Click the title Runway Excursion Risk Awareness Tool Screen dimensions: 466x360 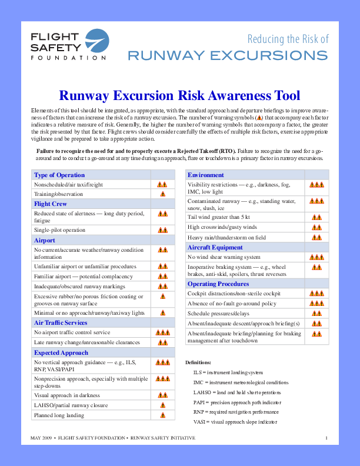[180, 95]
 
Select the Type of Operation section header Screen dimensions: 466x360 [59, 175]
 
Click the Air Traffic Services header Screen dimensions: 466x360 [61, 323]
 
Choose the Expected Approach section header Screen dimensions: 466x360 [61, 352]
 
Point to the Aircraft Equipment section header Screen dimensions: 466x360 [215, 247]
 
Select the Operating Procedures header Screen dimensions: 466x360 [218, 284]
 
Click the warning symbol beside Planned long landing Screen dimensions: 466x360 [163, 415]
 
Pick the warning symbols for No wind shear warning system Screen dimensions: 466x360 [316, 257]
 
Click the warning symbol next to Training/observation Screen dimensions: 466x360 [163, 194]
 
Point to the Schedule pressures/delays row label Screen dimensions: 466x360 [219, 313]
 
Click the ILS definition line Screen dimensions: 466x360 [228, 373]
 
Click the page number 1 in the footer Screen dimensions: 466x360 [326, 439]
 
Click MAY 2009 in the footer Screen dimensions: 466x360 [41, 439]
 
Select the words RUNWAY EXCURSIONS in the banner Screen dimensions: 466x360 [228, 55]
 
